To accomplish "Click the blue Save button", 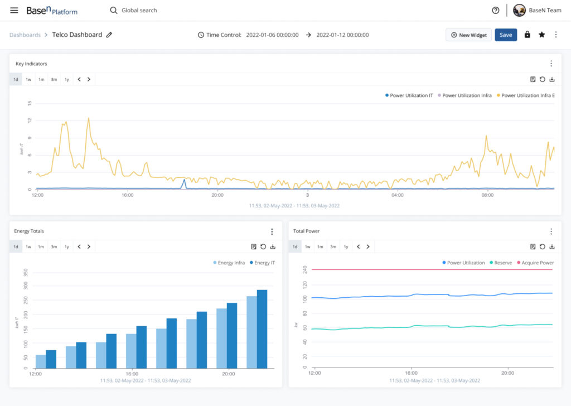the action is [x=505, y=35].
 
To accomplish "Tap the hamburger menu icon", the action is [x=14, y=10].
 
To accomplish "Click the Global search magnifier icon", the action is [x=114, y=10].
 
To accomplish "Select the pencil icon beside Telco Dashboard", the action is [x=109, y=35].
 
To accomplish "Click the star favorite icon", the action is [x=541, y=35].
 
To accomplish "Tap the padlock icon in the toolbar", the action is [x=527, y=35].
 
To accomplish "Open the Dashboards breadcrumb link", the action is [x=25, y=35].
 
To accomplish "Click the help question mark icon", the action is [x=495, y=10].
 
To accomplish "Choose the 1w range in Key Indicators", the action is [x=28, y=79].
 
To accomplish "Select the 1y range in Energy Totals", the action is [x=67, y=247].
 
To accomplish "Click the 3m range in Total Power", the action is [x=333, y=247].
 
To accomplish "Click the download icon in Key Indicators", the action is [x=552, y=79].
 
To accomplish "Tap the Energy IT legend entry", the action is [x=262, y=263].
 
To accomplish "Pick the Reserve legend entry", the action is [x=501, y=263].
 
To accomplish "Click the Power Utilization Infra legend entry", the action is [x=464, y=95].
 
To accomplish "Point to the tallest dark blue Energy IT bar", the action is [x=262, y=329].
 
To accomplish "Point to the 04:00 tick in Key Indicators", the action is [x=397, y=195].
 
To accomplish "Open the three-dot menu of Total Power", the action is [x=551, y=231].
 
